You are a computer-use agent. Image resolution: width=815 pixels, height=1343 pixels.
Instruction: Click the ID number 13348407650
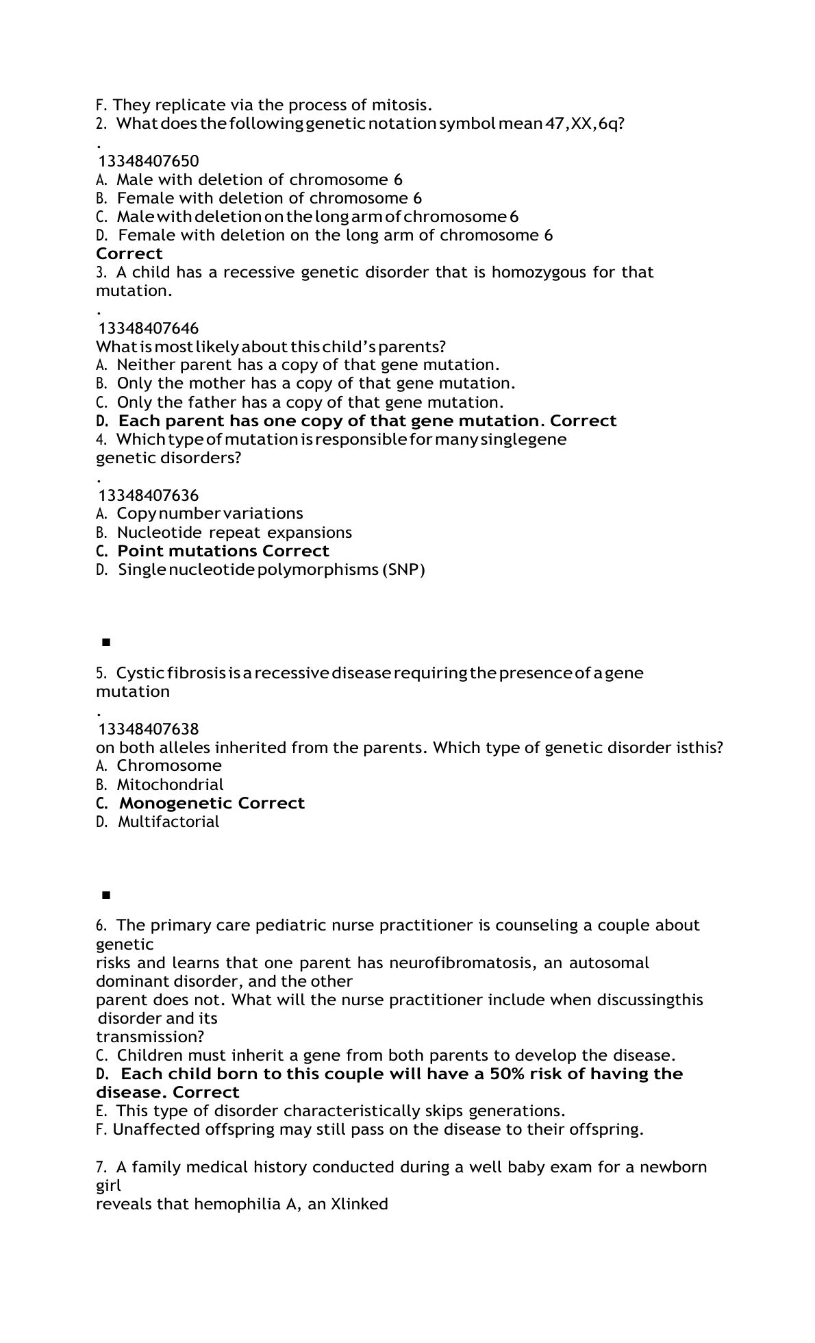click(149, 161)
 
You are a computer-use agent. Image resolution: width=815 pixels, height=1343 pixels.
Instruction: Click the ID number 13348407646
click(149, 328)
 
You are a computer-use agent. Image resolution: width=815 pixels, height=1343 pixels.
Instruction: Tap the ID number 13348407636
click(149, 495)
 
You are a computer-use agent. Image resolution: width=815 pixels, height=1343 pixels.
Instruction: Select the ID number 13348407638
click(149, 728)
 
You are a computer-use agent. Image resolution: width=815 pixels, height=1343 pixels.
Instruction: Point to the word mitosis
click(401, 106)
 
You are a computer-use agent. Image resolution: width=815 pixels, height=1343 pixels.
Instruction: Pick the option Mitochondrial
click(170, 785)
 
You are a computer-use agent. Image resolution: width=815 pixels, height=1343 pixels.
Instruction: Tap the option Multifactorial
click(168, 822)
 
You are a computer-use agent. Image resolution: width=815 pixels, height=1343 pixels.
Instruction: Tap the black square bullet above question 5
click(105, 642)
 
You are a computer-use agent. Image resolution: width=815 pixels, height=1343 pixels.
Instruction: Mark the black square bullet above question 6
click(105, 895)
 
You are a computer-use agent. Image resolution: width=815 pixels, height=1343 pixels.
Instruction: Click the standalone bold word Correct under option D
click(129, 254)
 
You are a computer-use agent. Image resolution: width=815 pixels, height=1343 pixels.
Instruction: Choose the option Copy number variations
click(210, 513)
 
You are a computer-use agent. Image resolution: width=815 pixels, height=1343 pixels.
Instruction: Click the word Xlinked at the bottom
click(359, 1204)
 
